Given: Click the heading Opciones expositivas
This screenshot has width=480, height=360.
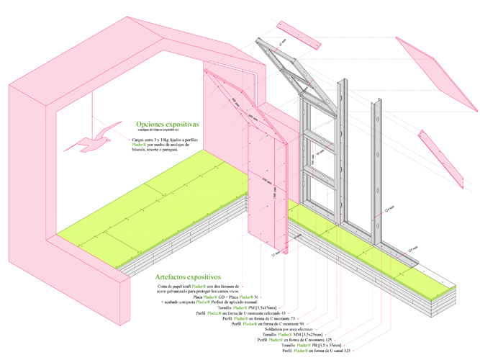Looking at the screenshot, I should pos(162,124).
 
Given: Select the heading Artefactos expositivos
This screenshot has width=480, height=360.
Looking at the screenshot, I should pos(187,276).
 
